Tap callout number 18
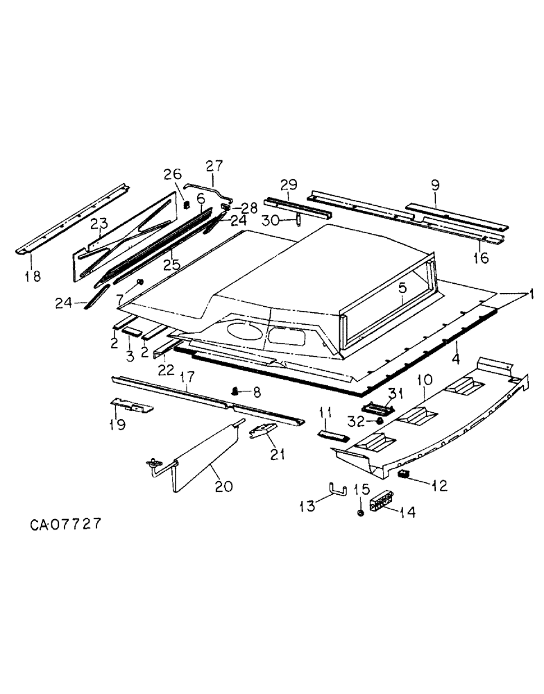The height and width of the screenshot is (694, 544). click(33, 276)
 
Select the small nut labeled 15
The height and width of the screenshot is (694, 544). click(361, 511)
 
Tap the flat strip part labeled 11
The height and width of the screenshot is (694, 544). click(332, 434)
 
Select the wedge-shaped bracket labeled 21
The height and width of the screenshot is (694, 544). click(262, 432)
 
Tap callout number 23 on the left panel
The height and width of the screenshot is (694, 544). click(99, 224)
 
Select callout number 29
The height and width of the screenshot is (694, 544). click(288, 185)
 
